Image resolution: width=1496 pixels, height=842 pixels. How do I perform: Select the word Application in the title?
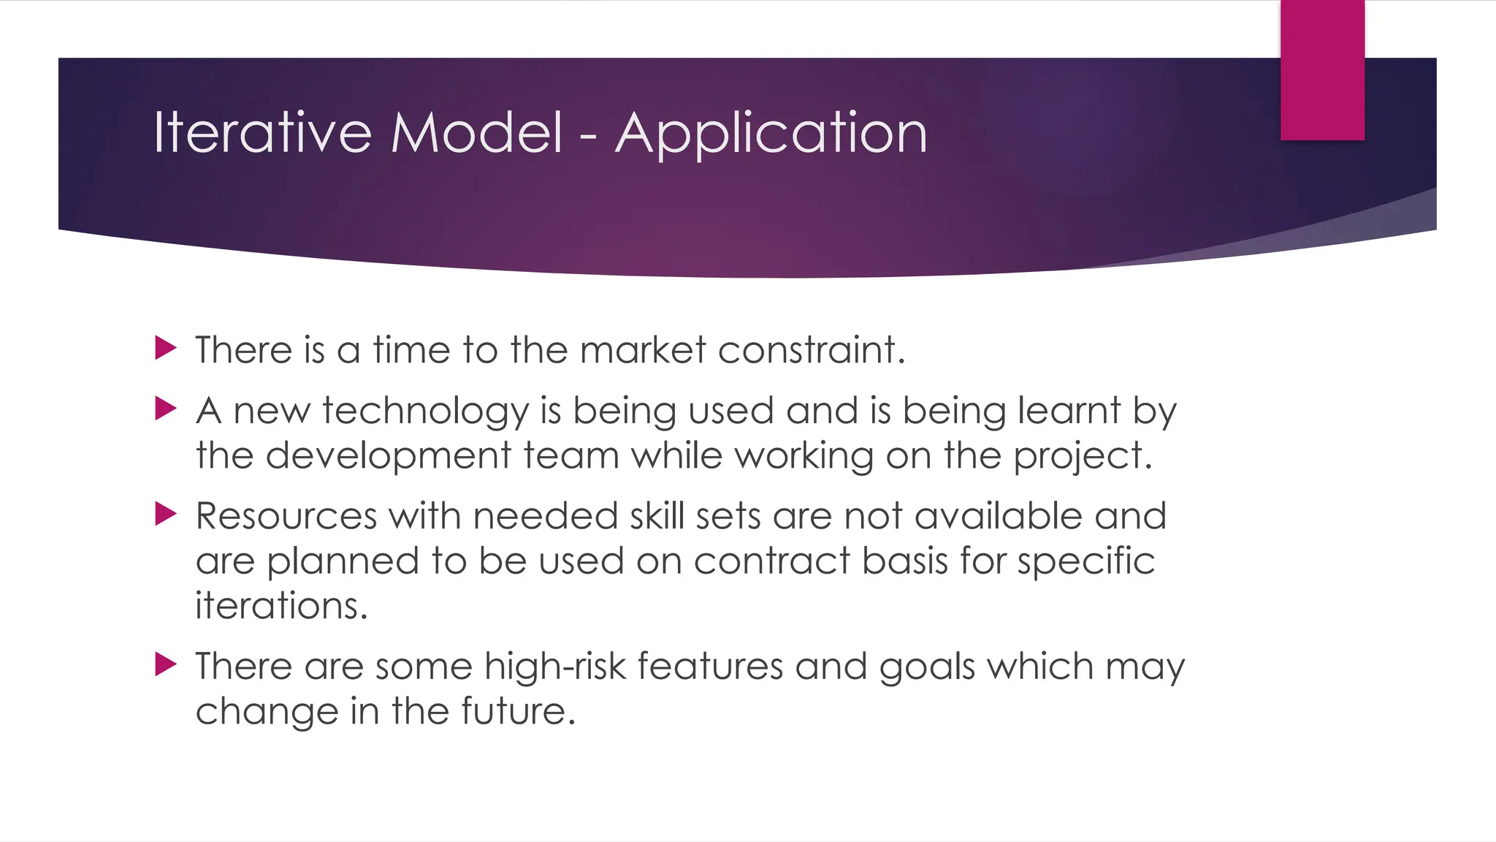(771, 134)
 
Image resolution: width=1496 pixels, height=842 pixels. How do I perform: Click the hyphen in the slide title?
(589, 136)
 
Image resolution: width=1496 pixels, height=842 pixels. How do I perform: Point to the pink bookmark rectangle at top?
(1322, 69)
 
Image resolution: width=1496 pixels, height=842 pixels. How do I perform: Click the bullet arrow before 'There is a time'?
(167, 348)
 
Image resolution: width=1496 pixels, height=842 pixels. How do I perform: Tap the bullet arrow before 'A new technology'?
(167, 409)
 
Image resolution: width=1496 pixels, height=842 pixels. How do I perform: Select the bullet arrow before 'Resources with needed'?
(167, 514)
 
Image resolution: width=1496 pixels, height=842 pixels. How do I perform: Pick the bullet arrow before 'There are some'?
(167, 664)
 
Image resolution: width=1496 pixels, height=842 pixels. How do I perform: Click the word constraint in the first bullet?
(811, 349)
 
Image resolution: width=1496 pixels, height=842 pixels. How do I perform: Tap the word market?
(643, 349)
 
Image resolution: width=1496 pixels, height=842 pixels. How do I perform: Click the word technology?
(425, 411)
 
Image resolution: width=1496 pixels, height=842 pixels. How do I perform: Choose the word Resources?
(286, 516)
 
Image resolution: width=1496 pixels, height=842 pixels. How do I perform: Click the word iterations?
(281, 606)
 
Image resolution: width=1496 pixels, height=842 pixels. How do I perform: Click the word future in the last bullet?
(518, 711)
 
